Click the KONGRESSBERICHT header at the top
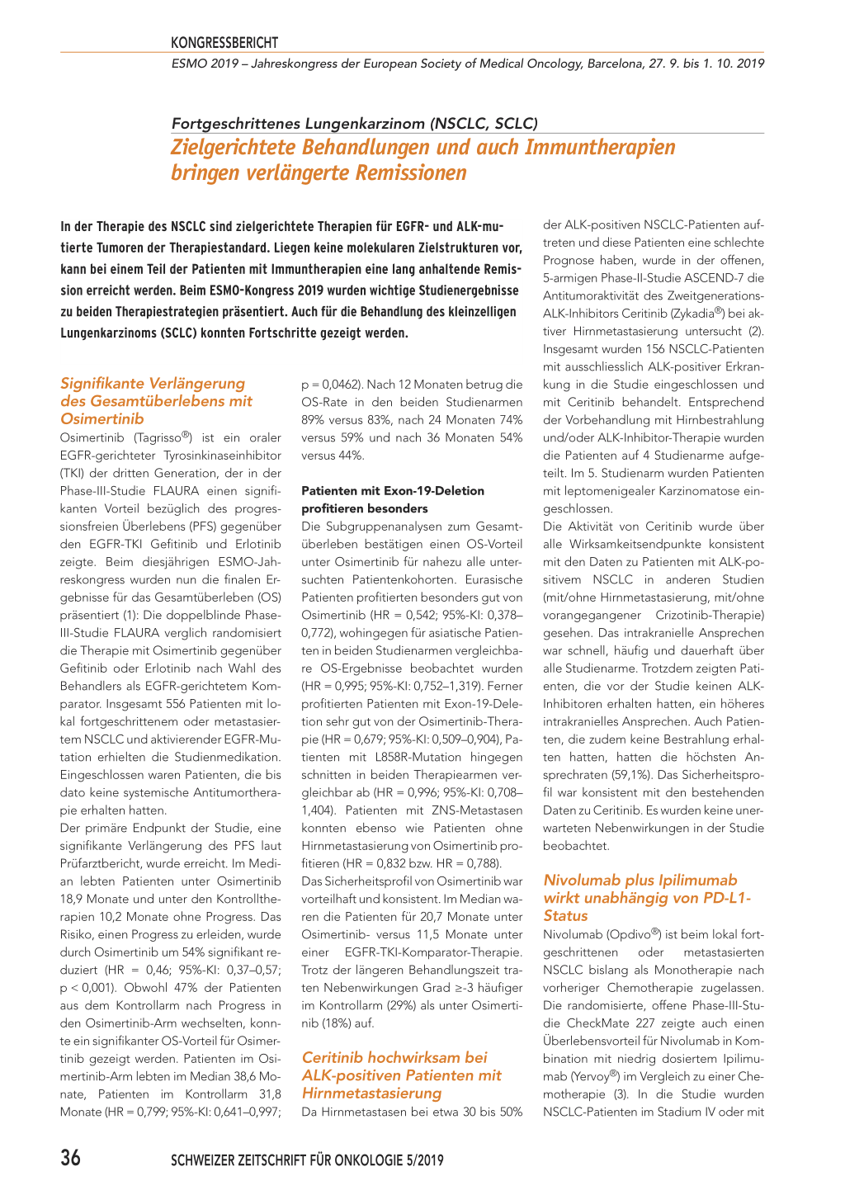tap(224, 43)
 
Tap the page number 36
tap(71, 1158)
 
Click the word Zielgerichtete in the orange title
tap(234, 148)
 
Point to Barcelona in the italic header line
tap(618, 64)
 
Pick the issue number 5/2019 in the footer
tap(424, 1160)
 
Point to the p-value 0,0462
tap(336, 385)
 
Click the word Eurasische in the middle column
tap(493, 579)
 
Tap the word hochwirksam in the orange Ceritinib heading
tap(414, 1058)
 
